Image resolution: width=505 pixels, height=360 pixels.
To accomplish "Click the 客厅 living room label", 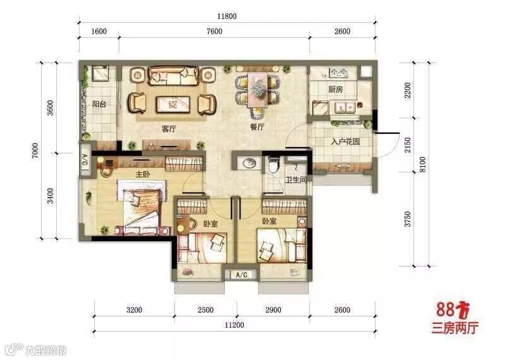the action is tap(169, 129).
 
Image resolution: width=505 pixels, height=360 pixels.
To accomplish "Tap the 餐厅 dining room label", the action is tap(257, 127).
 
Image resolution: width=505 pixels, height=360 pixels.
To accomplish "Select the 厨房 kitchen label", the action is tap(336, 89).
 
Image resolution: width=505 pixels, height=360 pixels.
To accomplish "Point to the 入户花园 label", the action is tap(345, 141).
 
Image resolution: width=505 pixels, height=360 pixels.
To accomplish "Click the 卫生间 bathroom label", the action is tap(295, 180).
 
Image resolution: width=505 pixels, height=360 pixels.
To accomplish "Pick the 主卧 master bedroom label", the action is tap(143, 174).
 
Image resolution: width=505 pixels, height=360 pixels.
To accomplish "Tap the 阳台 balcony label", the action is tap(99, 104).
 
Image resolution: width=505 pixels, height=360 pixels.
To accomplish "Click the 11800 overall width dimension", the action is tap(227, 16).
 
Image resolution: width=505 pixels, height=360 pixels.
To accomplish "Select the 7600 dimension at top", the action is tap(214, 31).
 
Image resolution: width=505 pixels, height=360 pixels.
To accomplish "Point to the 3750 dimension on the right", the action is tap(408, 219).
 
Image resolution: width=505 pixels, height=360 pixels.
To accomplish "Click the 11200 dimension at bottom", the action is tap(234, 325).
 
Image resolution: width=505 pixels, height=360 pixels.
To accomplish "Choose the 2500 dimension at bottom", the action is tap(206, 309).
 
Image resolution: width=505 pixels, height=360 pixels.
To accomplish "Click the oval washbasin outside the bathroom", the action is tap(249, 163).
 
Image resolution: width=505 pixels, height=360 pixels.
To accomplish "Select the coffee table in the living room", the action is tap(173, 104).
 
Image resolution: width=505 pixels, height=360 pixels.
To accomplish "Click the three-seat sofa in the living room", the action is tap(173, 76).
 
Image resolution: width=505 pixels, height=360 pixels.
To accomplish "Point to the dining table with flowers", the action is tap(258, 90).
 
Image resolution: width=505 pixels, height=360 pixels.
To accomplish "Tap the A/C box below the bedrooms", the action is tap(242, 275).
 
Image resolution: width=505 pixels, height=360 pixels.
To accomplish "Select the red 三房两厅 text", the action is tap(454, 327).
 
